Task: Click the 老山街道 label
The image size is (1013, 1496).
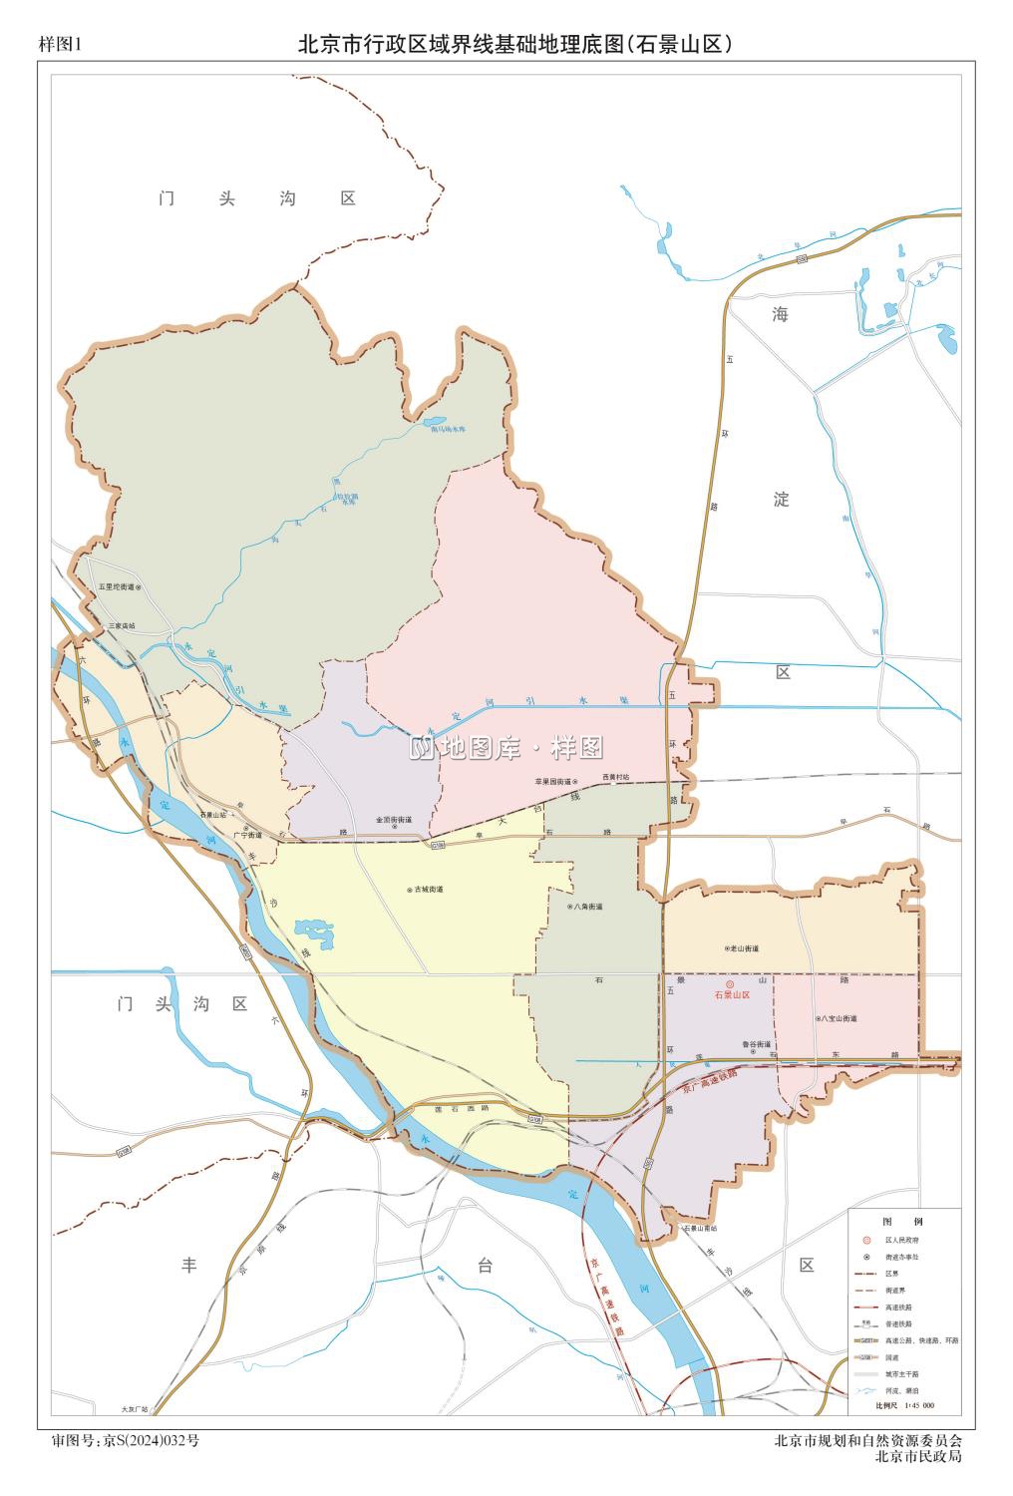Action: (x=745, y=948)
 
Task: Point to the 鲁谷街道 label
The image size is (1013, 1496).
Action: (x=758, y=1044)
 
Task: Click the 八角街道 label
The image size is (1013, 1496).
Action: (x=587, y=907)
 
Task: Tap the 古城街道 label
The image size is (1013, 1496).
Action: (x=429, y=889)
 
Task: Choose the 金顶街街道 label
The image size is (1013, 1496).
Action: (x=394, y=820)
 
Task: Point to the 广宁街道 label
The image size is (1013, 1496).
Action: (x=247, y=835)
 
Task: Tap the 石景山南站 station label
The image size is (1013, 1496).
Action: (x=699, y=1228)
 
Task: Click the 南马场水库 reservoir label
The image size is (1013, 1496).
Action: (x=449, y=429)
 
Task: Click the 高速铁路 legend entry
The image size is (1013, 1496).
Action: (x=898, y=1307)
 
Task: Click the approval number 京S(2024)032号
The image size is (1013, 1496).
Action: (x=151, y=1440)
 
